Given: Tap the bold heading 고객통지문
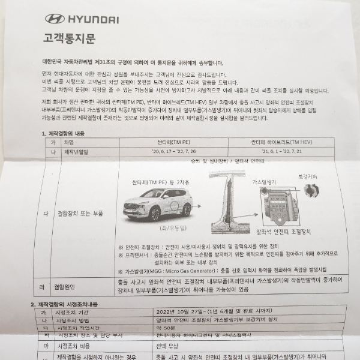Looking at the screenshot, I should click(x=69, y=40).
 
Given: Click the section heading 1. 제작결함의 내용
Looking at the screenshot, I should click(x=67, y=133).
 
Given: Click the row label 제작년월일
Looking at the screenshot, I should click(x=76, y=152).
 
